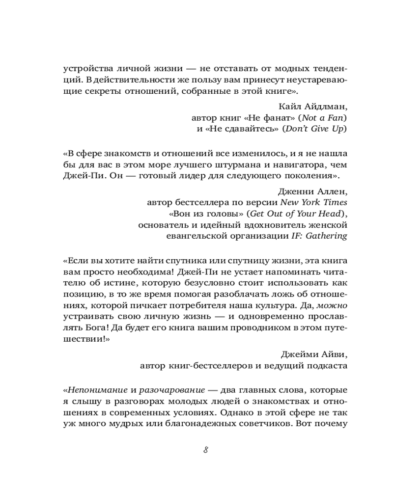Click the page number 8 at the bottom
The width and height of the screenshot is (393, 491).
[206, 450]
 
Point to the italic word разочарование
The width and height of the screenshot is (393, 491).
[173, 390]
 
